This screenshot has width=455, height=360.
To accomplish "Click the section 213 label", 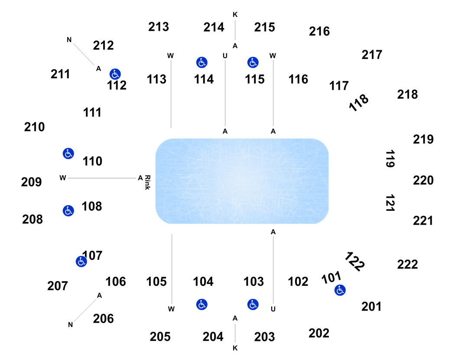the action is [x=159, y=27].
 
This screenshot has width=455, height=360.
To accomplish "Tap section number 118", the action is [x=359, y=102].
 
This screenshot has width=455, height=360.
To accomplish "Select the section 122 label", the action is [x=354, y=261].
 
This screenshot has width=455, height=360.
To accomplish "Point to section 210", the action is [x=34, y=127].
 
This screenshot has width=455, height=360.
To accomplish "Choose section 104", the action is [x=203, y=281].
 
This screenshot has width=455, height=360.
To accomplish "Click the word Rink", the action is [x=147, y=182].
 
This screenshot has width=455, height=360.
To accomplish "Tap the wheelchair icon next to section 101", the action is [x=340, y=290].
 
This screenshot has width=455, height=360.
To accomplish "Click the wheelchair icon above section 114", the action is [x=201, y=62].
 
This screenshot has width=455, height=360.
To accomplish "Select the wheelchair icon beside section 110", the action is [x=68, y=154].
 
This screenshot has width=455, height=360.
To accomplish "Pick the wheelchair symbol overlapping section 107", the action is [x=81, y=262].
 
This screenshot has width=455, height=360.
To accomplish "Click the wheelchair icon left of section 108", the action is [x=68, y=211].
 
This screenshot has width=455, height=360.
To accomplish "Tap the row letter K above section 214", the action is [x=235, y=14].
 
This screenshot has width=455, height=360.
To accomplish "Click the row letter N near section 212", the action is [x=69, y=40].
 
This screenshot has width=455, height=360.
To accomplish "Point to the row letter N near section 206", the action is [x=70, y=324].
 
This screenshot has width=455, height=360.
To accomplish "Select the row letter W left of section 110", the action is [x=63, y=178].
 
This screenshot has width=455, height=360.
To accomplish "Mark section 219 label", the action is [x=423, y=140].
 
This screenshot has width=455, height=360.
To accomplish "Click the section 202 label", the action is [x=319, y=333].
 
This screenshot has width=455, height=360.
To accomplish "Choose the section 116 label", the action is [x=298, y=79].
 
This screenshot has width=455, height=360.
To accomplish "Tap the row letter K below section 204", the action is [x=235, y=348].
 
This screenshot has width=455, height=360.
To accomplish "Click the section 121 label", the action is [x=390, y=203].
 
